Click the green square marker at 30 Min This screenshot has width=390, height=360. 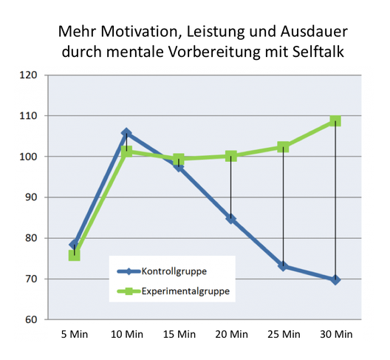[335, 121]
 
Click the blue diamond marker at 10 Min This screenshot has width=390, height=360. [126, 133]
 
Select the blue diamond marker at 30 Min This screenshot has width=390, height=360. [335, 280]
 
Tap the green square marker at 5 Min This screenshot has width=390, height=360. [74, 256]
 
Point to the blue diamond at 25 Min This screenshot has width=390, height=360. [283, 266]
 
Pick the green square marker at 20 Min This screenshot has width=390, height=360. [230, 156]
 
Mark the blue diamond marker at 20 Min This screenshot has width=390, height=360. [230, 219]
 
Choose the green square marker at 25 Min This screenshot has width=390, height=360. [283, 147]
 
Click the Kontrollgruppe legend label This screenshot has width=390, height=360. [174, 271]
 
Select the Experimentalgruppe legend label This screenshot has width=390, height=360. [185, 291]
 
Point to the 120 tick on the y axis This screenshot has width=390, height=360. [28, 75]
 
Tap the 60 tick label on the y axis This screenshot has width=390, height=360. [31, 319]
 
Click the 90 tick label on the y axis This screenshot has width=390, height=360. [31, 197]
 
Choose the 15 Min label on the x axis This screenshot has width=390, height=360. [179, 334]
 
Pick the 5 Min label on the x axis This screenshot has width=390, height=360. [75, 334]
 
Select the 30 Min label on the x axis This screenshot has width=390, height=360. [336, 334]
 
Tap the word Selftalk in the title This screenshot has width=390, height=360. [318, 52]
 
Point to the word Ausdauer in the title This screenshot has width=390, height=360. [314, 32]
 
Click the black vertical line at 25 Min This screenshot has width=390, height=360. [283, 206]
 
